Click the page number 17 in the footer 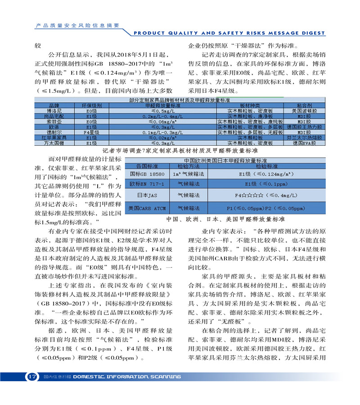(31, 376)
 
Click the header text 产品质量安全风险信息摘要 (77, 25)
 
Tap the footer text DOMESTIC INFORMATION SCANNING (126, 377)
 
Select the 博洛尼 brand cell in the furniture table (54, 110)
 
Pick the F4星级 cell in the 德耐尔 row (92, 132)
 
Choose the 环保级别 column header (92, 105)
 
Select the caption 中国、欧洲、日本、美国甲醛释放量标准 (225, 220)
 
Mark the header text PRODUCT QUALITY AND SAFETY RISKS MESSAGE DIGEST (229, 33)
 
